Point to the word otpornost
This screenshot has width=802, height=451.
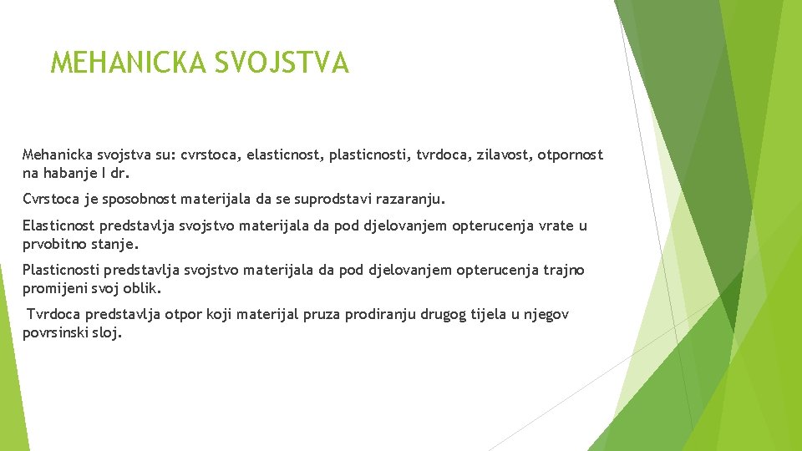pos(570,155)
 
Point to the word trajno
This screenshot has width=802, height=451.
pos(565,271)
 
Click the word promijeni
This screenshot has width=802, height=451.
pos(56,288)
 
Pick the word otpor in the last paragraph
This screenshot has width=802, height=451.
pos(179,315)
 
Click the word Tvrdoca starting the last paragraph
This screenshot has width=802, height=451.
pos(56,315)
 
